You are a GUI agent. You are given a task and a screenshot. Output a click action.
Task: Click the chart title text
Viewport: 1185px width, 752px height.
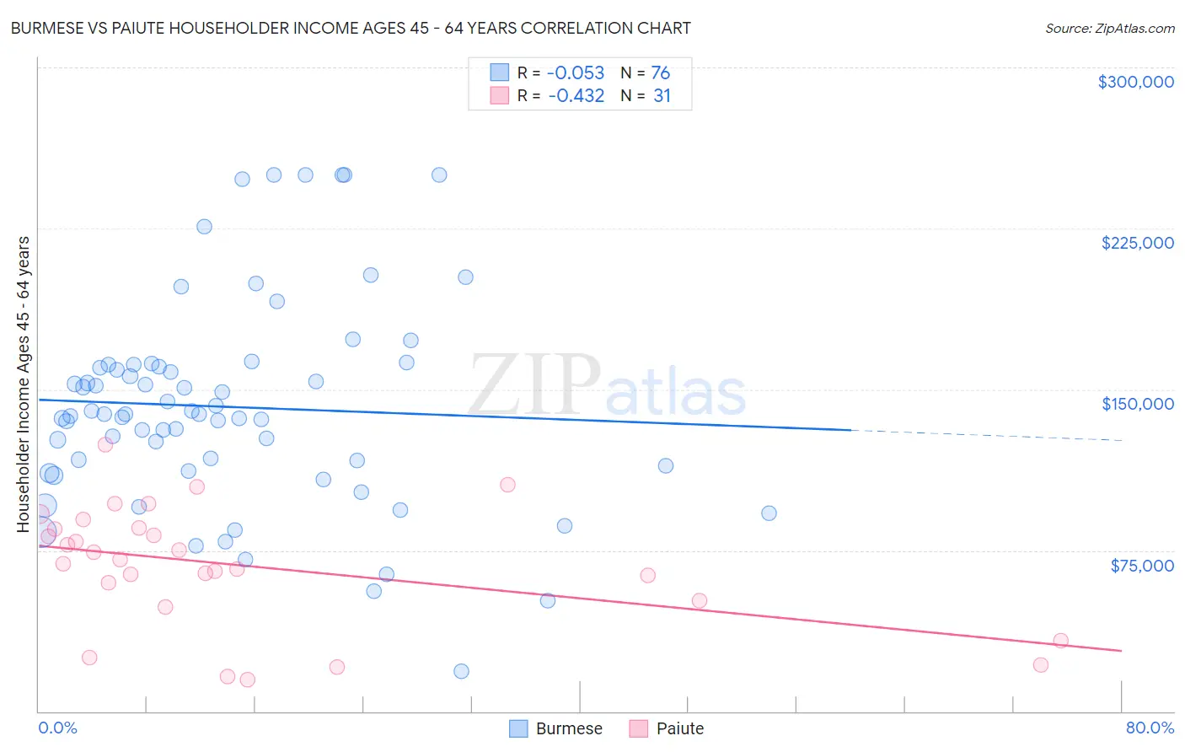click(351, 28)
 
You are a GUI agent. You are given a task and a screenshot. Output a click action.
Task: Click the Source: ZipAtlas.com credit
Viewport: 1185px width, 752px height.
click(1109, 28)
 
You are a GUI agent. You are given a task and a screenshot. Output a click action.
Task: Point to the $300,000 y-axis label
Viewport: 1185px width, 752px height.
click(1135, 82)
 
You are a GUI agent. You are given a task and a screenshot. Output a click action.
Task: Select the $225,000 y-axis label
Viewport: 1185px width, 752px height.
click(1137, 243)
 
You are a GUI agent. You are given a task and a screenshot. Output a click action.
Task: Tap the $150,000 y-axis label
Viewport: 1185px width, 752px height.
click(1137, 404)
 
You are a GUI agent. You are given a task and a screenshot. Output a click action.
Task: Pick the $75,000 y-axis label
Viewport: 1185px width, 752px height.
click(1141, 566)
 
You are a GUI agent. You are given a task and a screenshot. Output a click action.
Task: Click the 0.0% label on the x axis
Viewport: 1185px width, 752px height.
click(57, 728)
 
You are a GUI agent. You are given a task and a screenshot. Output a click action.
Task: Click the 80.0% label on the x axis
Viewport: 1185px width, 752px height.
click(1150, 728)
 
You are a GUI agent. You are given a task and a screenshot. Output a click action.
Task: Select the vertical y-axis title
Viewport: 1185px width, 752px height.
click(24, 384)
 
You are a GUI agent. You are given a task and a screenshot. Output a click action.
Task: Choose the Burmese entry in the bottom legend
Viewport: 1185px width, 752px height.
click(556, 728)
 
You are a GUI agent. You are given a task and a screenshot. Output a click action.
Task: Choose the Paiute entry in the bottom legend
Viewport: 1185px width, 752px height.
click(667, 728)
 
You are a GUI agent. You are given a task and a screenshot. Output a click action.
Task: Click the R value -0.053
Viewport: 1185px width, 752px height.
click(576, 73)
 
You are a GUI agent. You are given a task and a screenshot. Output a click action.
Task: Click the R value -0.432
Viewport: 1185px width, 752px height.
click(576, 96)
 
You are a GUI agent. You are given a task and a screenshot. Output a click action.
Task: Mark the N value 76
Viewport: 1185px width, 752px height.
click(660, 73)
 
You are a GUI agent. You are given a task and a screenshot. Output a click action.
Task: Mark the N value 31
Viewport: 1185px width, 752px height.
click(662, 96)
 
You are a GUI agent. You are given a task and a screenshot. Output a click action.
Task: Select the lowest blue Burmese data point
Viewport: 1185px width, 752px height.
click(461, 671)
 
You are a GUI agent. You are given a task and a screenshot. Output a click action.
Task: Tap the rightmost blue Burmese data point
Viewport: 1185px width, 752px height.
click(769, 513)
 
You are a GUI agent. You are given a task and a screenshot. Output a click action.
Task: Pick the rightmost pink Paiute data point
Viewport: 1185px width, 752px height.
click(1061, 641)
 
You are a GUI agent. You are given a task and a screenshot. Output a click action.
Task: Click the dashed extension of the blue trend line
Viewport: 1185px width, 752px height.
click(986, 435)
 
